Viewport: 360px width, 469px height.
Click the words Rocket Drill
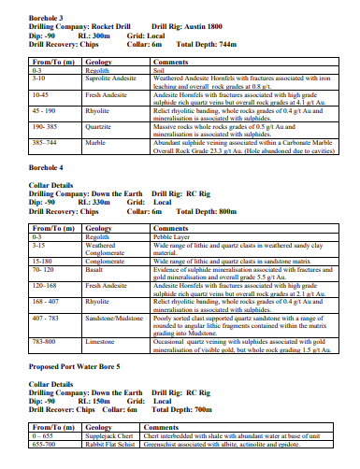tap(113, 26)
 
